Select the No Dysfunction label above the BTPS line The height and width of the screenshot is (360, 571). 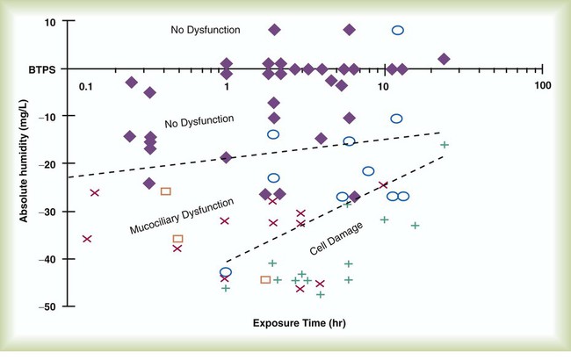[x=206, y=30]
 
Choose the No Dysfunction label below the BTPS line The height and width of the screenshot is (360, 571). [x=198, y=120]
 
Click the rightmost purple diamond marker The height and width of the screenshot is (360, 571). [x=444, y=59]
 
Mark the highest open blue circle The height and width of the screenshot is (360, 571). [x=397, y=30]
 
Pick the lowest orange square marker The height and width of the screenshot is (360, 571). [x=265, y=280]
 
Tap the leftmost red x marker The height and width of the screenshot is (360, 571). [x=87, y=238]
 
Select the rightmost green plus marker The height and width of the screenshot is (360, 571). [x=445, y=145]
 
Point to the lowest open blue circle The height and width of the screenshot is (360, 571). [x=226, y=272]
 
